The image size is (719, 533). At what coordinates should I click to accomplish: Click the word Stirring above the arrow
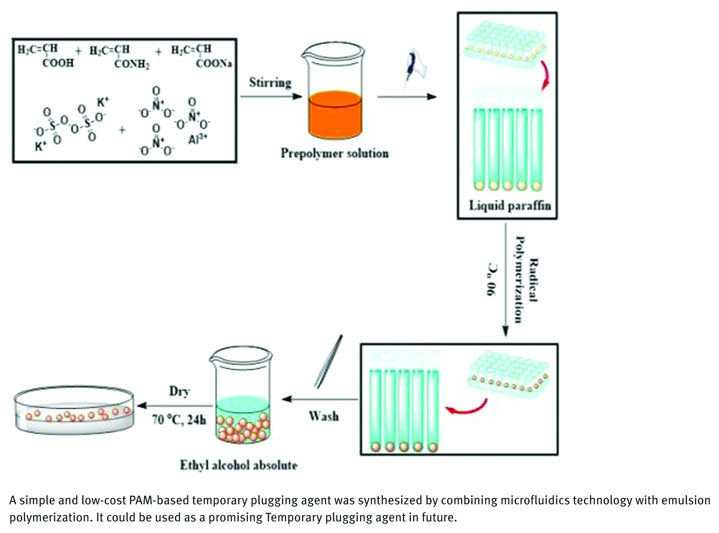coord(270,83)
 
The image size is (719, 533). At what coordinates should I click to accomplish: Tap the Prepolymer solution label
coord(335,153)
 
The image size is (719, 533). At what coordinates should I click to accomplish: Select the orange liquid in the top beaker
coord(335,114)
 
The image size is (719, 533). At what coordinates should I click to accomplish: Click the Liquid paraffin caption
coord(510,206)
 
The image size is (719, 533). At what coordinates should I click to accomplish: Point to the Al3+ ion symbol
coord(198,139)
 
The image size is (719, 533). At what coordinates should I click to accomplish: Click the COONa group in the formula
coord(214,63)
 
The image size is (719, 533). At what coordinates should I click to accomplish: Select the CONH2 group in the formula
coord(132,64)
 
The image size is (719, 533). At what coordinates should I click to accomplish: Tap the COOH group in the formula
coord(58,62)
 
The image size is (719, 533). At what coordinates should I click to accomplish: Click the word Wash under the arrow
coord(324,416)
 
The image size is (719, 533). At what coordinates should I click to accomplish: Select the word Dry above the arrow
coord(179,391)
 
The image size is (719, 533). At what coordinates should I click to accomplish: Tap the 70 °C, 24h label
coord(179,420)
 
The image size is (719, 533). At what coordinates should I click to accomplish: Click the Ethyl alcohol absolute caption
coord(239,465)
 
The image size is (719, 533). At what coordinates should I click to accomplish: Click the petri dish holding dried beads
coord(74,411)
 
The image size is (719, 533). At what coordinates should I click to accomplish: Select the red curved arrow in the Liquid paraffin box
coord(545,75)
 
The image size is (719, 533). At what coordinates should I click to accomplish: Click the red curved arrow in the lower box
coord(468,407)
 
